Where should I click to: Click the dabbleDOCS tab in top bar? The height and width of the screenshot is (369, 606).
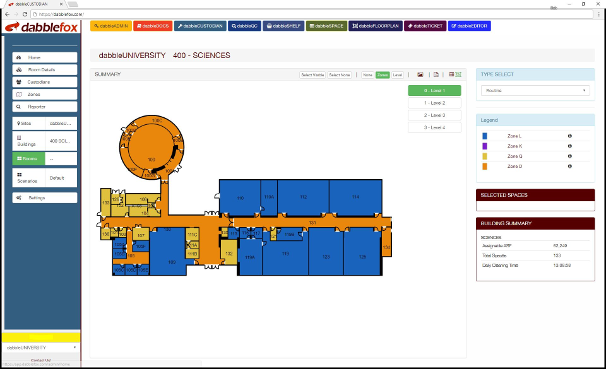(152, 26)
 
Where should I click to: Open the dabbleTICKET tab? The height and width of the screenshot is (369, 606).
(424, 26)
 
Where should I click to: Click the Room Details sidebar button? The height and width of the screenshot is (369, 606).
(45, 69)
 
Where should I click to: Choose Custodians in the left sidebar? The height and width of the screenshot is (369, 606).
(45, 82)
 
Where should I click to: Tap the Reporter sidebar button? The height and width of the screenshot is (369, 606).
(45, 107)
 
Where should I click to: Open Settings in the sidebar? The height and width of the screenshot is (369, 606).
(45, 198)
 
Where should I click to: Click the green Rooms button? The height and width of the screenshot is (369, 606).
(28, 158)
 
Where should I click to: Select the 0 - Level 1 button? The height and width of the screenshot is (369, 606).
(434, 91)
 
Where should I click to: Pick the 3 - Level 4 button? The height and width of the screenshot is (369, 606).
(434, 127)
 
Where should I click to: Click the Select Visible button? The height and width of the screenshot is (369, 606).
(312, 75)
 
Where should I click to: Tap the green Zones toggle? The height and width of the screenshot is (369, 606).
(383, 75)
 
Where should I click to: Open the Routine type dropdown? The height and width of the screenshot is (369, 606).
(535, 91)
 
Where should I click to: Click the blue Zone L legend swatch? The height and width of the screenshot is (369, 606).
(485, 136)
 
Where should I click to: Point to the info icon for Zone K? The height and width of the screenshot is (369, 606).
(569, 146)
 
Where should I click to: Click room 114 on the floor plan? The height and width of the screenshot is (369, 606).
(355, 197)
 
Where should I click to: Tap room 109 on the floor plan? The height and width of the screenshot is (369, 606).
(171, 261)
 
